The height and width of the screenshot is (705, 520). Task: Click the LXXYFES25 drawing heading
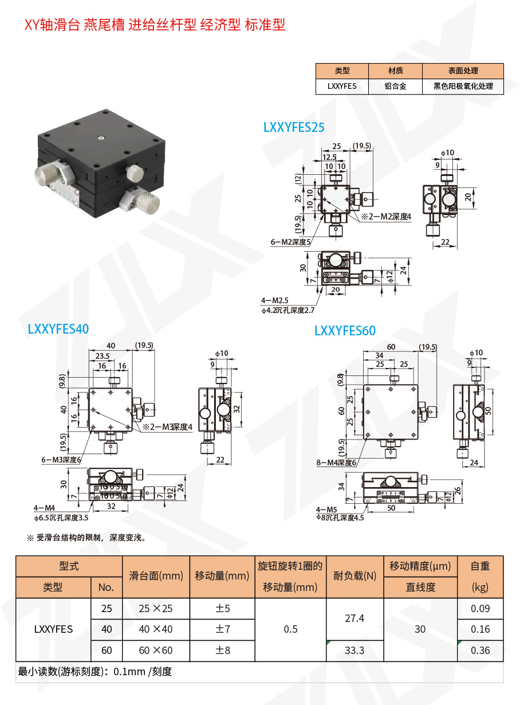[294, 127]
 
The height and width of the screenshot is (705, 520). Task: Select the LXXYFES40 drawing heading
[58, 328]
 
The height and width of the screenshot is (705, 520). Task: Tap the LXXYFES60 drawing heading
[345, 331]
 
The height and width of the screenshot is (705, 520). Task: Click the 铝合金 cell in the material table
[395, 87]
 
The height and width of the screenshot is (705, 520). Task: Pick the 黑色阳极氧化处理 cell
[463, 87]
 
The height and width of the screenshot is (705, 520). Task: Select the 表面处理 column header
[463, 71]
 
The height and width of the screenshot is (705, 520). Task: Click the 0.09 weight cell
[480, 609]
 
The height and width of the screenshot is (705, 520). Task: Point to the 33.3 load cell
[354, 651]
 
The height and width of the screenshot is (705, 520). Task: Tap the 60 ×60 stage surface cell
[155, 651]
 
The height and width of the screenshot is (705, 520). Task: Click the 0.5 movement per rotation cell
[290, 629]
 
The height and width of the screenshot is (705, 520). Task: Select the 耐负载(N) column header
[354, 577]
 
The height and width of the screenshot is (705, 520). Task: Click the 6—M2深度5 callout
[290, 242]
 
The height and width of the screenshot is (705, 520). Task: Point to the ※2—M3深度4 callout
[167, 426]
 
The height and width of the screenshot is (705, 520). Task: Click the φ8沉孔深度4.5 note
[340, 517]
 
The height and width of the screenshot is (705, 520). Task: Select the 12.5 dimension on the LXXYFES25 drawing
[329, 156]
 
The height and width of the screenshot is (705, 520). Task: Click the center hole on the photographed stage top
[101, 138]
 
